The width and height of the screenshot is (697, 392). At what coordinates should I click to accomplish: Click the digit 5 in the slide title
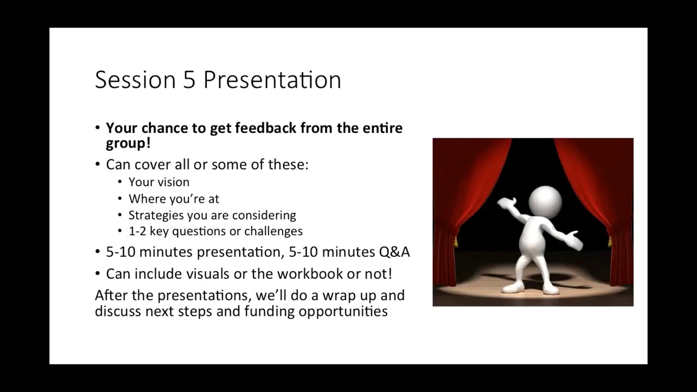click(189, 80)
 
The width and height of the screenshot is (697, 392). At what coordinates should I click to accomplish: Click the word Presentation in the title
click(272, 80)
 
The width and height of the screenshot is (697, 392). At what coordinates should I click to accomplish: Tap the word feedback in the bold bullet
click(265, 128)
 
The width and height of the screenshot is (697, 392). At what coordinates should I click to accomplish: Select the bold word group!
click(128, 144)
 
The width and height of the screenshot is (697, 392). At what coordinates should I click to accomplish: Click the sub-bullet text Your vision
click(159, 182)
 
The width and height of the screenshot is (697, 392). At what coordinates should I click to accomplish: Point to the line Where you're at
click(174, 199)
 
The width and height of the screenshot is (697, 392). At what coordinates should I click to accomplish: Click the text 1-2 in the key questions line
click(137, 231)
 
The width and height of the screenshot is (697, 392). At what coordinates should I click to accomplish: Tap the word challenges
click(273, 231)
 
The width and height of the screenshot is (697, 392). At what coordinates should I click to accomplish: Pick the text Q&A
click(394, 252)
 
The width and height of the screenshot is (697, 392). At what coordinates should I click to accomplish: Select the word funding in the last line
click(269, 311)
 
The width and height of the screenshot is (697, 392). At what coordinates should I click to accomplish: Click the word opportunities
click(343, 311)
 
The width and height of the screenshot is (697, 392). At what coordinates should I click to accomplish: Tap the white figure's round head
click(545, 202)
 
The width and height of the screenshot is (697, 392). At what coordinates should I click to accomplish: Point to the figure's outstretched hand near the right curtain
click(573, 241)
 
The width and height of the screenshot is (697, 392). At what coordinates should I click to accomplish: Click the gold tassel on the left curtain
click(456, 241)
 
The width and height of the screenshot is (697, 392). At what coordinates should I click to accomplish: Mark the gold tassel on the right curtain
click(609, 241)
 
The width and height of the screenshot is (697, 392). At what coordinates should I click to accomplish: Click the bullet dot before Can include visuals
click(97, 274)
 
